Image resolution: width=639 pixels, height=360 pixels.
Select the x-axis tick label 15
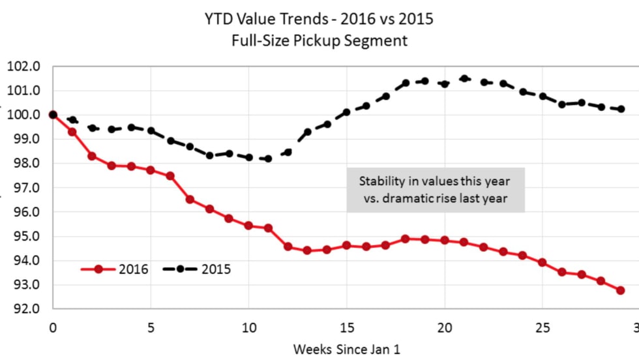[346, 325]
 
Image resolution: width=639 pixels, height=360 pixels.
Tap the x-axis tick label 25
[542, 325]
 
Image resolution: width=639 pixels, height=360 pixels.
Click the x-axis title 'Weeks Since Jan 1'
[346, 349]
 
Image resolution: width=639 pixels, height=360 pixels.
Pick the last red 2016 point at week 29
[620, 290]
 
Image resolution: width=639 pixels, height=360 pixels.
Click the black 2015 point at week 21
[464, 78]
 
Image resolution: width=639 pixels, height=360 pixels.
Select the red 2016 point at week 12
[288, 247]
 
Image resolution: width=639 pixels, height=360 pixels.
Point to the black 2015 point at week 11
[268, 158]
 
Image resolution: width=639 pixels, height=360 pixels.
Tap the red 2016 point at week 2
[92, 156]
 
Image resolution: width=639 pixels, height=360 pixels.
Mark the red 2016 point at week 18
[405, 239]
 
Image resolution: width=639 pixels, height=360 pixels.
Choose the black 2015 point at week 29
[620, 109]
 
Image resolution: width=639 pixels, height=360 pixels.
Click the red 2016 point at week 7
[190, 199]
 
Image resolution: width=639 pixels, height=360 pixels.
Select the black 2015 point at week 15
[346, 112]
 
